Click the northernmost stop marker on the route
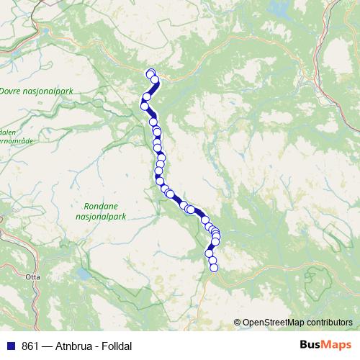pos(150,73)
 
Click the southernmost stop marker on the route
pos(213,268)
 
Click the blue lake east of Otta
pos(85,275)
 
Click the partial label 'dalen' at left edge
pos(8,132)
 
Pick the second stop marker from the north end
pos(154,79)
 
